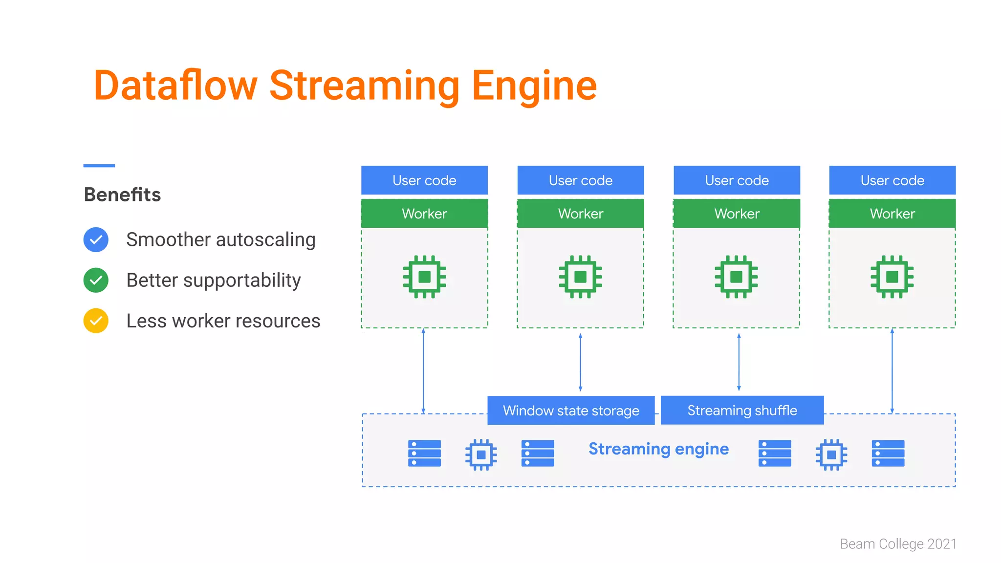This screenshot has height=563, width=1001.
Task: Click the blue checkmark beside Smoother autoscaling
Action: click(x=96, y=239)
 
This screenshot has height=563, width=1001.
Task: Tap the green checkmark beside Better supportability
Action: click(x=96, y=280)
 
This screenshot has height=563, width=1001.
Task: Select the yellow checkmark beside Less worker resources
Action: click(x=96, y=321)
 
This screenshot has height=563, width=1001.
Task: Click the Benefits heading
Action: click(x=122, y=195)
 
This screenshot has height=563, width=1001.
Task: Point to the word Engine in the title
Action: click(x=534, y=86)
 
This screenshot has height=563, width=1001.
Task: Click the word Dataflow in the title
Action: click(x=175, y=86)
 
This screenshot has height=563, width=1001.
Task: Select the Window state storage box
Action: click(x=571, y=411)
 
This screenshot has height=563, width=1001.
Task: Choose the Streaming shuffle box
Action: click(x=742, y=411)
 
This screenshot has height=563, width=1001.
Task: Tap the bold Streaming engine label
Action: click(x=658, y=449)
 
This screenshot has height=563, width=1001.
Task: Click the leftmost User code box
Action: click(x=424, y=180)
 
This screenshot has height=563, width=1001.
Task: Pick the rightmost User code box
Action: click(x=892, y=180)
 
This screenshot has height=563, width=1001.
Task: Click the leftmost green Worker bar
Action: click(x=424, y=214)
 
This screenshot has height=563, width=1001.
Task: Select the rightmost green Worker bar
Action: click(x=892, y=214)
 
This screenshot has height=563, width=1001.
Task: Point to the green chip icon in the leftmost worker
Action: click(x=424, y=277)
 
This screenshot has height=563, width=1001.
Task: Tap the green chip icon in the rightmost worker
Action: click(x=892, y=277)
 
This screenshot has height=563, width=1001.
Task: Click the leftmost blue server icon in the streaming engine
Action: click(x=424, y=453)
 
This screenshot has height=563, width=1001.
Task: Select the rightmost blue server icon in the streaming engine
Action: click(x=888, y=453)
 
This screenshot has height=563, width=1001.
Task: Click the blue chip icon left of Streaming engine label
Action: click(x=481, y=455)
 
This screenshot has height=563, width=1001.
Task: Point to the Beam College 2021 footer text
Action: click(x=898, y=544)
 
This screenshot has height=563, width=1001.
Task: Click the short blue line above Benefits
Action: click(x=99, y=166)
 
